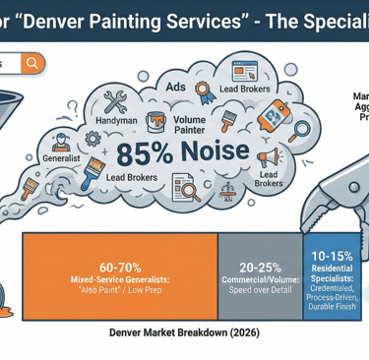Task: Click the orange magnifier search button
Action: tap(32, 63)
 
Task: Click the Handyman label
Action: tap(117, 120)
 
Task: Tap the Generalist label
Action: tap(62, 157)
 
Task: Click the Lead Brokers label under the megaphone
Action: tap(268, 178)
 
